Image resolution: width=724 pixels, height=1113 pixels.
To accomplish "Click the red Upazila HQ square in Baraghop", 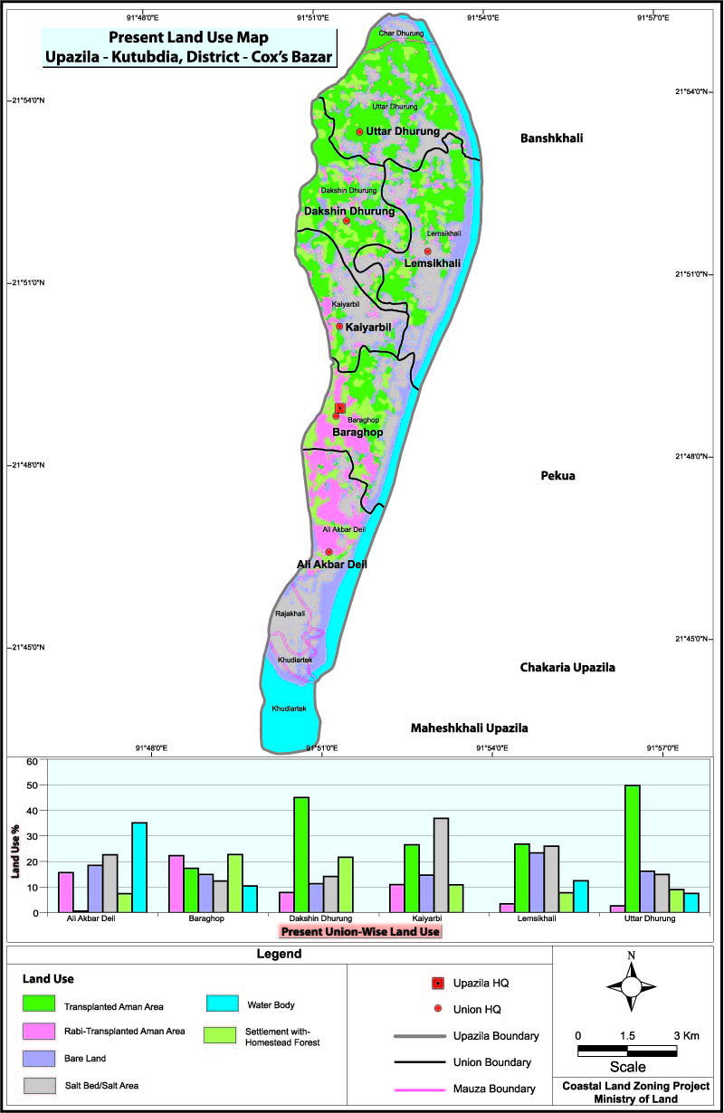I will pyautogui.click(x=340, y=408).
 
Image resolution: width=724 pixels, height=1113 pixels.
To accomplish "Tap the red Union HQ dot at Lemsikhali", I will pyautogui.click(x=428, y=252).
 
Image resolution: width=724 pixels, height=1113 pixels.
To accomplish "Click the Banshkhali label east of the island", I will pyautogui.click(x=552, y=138).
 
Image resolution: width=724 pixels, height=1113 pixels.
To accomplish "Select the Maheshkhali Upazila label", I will pyautogui.click(x=469, y=728).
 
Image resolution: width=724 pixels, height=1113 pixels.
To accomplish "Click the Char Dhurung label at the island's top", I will pyautogui.click(x=400, y=33).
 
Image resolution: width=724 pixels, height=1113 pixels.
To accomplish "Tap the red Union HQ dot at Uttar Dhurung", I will pyautogui.click(x=359, y=132).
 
